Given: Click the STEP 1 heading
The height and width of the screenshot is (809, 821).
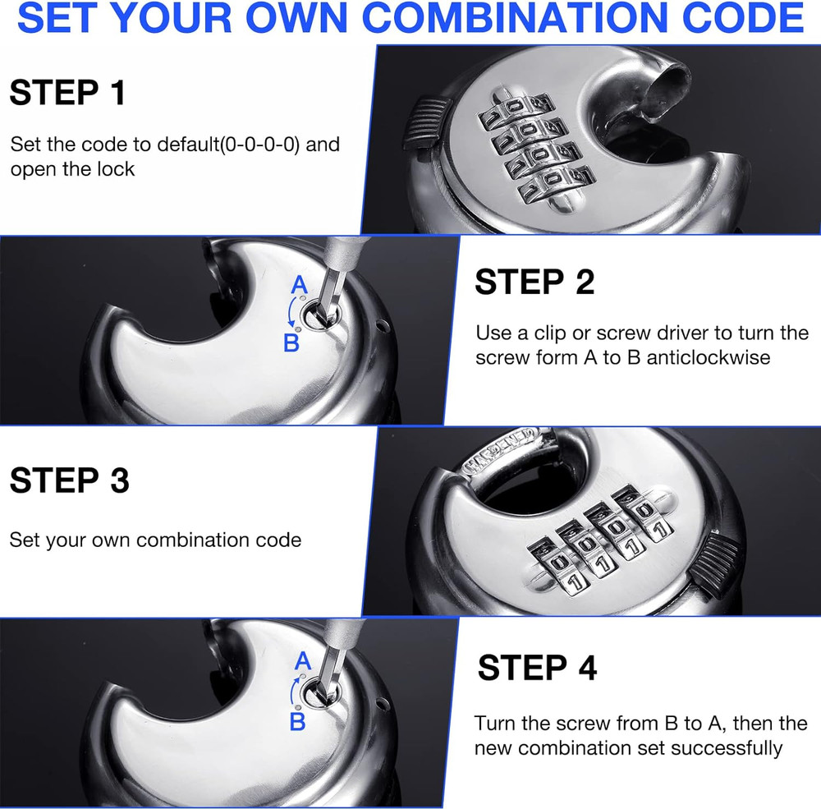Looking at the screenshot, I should pyautogui.click(x=67, y=93).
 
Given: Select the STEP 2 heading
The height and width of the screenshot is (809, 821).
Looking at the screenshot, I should pyautogui.click(x=534, y=283).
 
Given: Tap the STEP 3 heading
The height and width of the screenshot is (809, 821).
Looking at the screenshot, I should pyautogui.click(x=69, y=480).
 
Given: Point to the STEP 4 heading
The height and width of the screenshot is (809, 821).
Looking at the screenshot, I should pyautogui.click(x=537, y=668).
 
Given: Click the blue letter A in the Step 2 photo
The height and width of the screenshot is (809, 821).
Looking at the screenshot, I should pyautogui.click(x=300, y=285).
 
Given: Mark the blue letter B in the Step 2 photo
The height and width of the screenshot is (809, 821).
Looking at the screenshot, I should pyautogui.click(x=291, y=342).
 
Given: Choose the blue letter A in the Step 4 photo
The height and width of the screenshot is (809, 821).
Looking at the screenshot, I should pyautogui.click(x=301, y=660).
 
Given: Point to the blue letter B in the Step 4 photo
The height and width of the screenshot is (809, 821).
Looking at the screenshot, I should pyautogui.click(x=297, y=722).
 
